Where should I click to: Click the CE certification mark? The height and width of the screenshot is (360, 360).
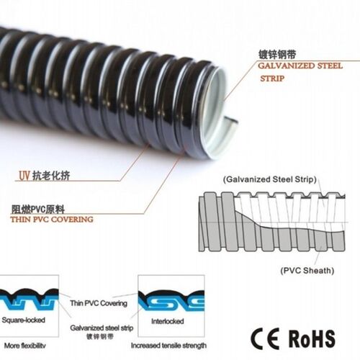(x=265, y=338)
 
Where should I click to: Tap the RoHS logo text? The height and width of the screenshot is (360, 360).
(x=312, y=338)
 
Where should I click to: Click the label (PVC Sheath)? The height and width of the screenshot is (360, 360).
(x=307, y=271)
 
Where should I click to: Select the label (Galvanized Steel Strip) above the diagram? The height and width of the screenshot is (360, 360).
(x=270, y=179)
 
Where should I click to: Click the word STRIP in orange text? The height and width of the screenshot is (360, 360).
(x=272, y=78)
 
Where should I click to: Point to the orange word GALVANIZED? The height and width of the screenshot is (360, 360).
(x=287, y=66)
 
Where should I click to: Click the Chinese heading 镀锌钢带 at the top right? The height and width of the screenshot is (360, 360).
(x=277, y=55)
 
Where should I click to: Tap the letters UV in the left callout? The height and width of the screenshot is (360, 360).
(x=24, y=176)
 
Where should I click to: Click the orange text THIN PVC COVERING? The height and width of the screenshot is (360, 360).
(x=52, y=220)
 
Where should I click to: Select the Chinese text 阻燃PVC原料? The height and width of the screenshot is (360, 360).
(x=38, y=210)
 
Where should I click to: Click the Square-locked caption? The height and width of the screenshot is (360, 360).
(x=24, y=320)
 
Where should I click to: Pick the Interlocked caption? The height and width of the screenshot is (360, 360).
(x=168, y=321)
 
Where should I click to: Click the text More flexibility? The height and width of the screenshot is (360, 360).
(x=24, y=346)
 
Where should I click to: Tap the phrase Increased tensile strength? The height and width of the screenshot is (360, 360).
(x=168, y=346)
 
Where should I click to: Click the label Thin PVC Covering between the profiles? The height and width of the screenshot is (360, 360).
(x=99, y=303)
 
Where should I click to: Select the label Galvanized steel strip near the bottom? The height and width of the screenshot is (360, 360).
(x=102, y=328)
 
